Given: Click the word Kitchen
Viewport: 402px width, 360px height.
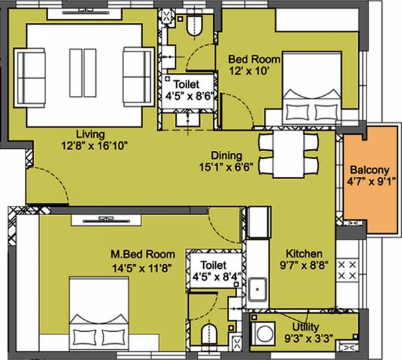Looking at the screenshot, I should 305,255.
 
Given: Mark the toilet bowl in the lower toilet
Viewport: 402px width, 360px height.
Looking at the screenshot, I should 210,334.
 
